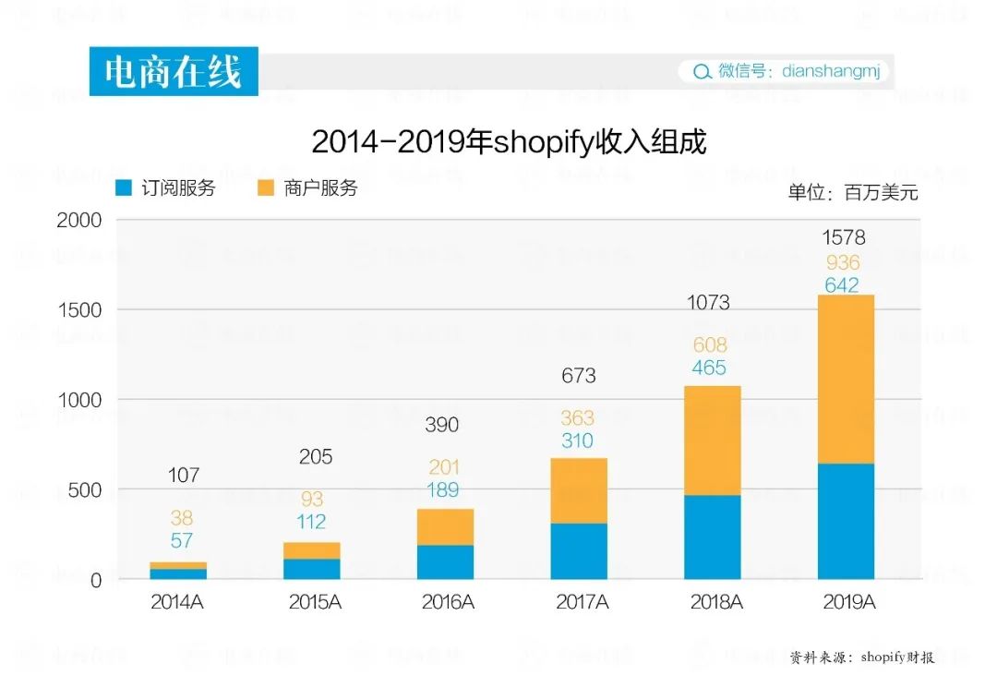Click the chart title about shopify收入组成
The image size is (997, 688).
pos(509,142)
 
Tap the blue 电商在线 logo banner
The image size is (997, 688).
pos(174,71)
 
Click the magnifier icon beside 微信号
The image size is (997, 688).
pos(702,72)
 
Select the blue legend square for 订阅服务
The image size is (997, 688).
pos(124,188)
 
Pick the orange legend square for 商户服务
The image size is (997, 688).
pos(266,188)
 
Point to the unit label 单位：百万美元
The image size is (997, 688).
pos(853,193)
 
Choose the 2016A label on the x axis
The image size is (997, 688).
pos(448,602)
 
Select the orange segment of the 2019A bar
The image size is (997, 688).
pos(846,379)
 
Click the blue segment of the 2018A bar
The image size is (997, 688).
pos(713,537)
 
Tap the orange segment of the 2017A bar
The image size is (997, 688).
pos(579,490)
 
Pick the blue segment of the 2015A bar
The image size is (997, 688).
pos(312,569)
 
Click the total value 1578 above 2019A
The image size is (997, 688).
pos(844,238)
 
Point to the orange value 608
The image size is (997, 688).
pos(709,345)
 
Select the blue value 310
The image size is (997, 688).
pos(577,441)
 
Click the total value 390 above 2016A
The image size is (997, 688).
pos(442,426)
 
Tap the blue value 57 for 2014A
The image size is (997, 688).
pos(181,541)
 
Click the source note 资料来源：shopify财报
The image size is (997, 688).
pos(861,658)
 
